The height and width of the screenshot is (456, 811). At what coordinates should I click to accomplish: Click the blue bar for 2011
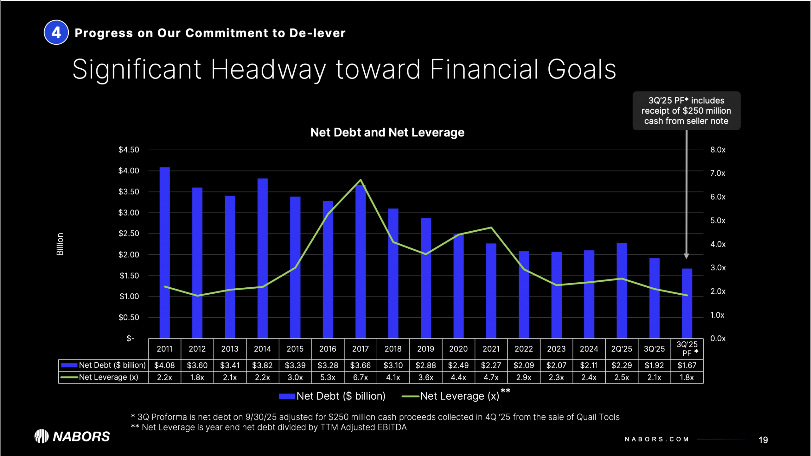(164, 253)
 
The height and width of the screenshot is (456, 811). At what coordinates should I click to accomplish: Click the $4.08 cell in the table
(164, 365)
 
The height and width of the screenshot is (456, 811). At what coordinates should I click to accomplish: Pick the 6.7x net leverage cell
(360, 377)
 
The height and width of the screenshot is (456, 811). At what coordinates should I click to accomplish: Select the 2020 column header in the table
(458, 349)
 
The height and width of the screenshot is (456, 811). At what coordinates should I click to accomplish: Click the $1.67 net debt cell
(687, 365)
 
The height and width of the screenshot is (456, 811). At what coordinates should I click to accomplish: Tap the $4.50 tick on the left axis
(129, 150)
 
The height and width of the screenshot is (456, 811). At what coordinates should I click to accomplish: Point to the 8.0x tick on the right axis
(718, 150)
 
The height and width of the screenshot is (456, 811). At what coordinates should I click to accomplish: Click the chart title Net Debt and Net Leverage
(387, 132)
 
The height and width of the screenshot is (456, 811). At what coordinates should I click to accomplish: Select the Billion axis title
(60, 244)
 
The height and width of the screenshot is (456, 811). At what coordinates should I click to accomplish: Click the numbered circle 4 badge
(56, 32)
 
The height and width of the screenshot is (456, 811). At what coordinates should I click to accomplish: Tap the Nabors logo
(72, 436)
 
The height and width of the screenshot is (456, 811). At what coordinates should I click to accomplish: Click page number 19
(763, 440)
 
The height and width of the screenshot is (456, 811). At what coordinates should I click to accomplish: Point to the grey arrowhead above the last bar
(686, 256)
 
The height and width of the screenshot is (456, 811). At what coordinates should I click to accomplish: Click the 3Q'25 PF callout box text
(686, 111)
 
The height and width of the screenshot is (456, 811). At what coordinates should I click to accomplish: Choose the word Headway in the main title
(268, 70)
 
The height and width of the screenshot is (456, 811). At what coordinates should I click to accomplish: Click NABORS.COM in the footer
(657, 439)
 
